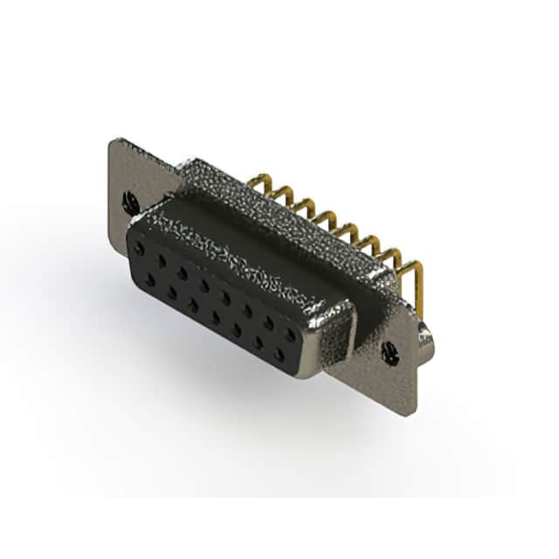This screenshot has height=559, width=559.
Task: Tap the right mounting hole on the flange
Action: (x=390, y=353)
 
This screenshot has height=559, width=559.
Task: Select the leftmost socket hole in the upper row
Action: (x=139, y=250)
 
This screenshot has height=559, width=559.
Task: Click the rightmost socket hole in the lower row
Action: (x=279, y=354)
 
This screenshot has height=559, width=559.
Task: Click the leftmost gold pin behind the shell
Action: (x=256, y=182)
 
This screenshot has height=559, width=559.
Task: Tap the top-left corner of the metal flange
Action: (x=111, y=140)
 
